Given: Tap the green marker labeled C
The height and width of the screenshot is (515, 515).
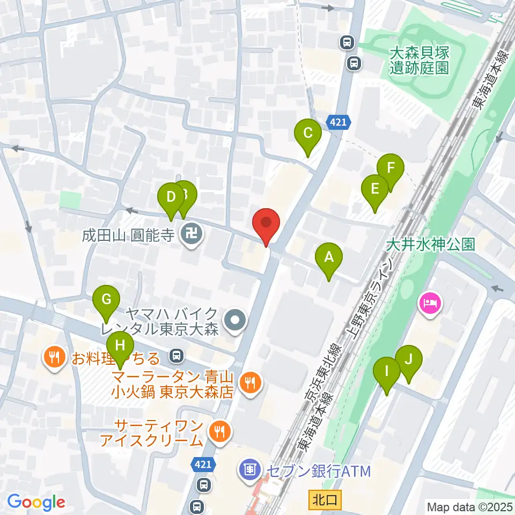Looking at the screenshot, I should point(308,133).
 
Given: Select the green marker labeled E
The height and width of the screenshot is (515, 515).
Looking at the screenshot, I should point(374,189).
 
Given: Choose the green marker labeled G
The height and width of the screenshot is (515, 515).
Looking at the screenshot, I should point(106,299).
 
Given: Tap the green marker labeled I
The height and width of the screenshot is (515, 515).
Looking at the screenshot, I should point(386,371).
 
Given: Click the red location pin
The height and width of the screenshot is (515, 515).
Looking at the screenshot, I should point(267,222).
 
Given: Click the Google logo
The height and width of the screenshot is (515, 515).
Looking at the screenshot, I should point(36,502).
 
